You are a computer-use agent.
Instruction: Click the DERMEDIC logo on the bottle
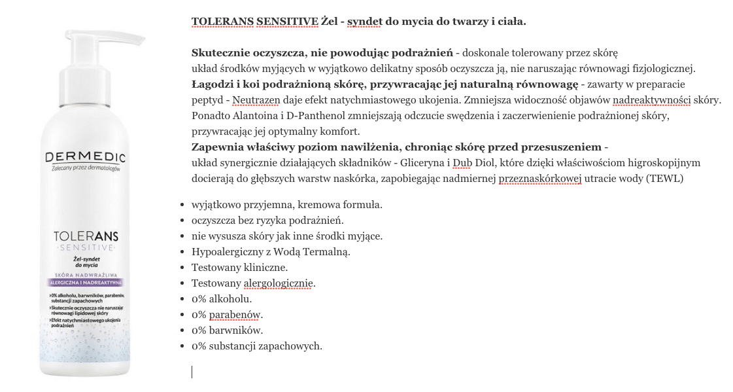[85, 158]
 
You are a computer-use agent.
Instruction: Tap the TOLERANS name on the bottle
[86, 236]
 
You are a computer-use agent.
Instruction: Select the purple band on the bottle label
[85, 283]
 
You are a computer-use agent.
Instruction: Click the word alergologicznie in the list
[279, 283]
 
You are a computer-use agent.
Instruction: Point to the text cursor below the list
[192, 372]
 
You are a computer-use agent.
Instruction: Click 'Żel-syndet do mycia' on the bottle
[85, 263]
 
